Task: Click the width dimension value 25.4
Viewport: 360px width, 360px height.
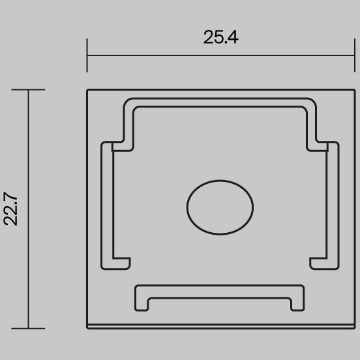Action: point(220,37)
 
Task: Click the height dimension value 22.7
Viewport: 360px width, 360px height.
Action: point(11,209)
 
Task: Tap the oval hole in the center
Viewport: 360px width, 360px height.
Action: point(220,207)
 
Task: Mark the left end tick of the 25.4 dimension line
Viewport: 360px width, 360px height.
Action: point(87,55)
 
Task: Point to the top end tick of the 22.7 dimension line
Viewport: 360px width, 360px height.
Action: point(28,89)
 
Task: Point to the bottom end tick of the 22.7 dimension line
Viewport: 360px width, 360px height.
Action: point(28,328)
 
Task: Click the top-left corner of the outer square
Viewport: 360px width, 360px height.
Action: point(87,90)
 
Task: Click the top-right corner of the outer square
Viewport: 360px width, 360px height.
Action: point(352,90)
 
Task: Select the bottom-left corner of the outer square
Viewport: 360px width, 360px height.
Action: point(87,327)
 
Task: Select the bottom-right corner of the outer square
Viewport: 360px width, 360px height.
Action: point(352,327)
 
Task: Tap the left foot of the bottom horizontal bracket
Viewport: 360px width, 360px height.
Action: point(142,303)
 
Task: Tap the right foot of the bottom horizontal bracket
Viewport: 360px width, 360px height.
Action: point(298,303)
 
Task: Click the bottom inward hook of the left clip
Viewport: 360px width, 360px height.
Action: point(121,263)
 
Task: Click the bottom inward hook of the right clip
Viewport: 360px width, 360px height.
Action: point(318,263)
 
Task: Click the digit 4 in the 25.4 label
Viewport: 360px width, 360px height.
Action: point(232,37)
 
